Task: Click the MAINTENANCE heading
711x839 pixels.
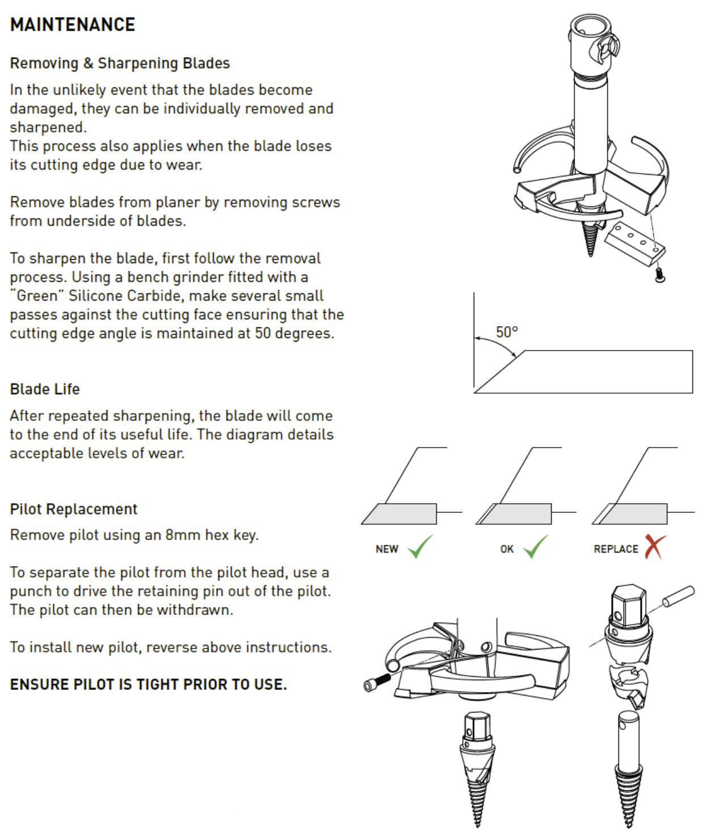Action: (x=73, y=25)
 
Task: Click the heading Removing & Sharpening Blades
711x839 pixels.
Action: (x=120, y=63)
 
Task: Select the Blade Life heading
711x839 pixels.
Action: (x=45, y=389)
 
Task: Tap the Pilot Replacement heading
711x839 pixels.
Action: (x=74, y=509)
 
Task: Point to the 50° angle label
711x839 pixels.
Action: (x=507, y=332)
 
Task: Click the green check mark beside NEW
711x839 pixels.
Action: (x=420, y=547)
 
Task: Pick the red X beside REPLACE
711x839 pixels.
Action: (x=655, y=547)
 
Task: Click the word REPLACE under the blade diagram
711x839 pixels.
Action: (x=616, y=549)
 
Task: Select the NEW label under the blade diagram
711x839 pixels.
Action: (x=387, y=549)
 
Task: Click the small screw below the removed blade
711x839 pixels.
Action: (x=659, y=276)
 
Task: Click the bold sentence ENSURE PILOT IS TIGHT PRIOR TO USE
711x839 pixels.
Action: (x=148, y=684)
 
